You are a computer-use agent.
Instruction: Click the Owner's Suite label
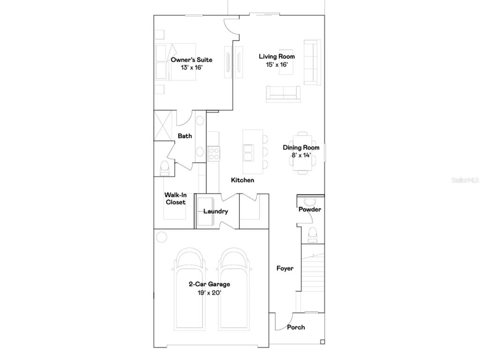[191, 60]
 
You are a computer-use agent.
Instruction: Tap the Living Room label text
[277, 56]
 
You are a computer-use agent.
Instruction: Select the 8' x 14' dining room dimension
[301, 155]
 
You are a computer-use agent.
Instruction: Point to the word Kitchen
[242, 180]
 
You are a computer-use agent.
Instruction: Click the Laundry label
[216, 211]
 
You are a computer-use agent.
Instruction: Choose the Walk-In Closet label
[175, 198]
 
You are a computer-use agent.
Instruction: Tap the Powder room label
[310, 210]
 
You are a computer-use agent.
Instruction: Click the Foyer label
[285, 269]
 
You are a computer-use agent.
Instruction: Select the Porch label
[296, 327]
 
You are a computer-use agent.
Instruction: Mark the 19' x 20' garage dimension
[210, 293]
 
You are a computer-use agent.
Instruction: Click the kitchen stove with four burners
[213, 154]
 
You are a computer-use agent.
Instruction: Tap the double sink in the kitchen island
[247, 152]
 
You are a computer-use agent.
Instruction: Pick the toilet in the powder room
[313, 235]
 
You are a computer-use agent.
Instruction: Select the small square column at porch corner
[322, 342]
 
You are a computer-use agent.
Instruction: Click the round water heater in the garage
[161, 237]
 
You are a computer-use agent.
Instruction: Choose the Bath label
[185, 135]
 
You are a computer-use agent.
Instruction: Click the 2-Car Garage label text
[210, 284]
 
